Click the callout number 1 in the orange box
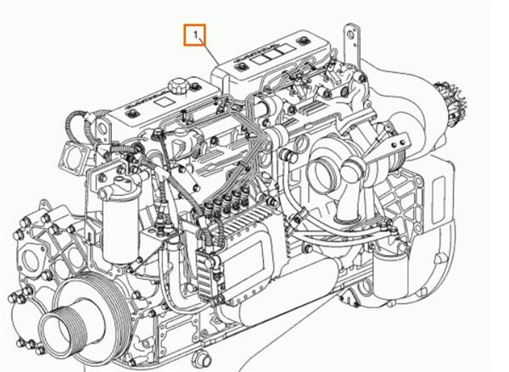point(196,36)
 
